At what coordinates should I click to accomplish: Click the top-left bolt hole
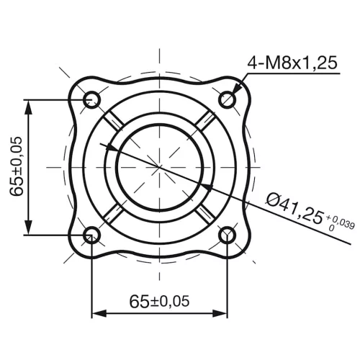click(91, 99)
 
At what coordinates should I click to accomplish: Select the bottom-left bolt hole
click(91, 234)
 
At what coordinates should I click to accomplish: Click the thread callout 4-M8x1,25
click(292, 63)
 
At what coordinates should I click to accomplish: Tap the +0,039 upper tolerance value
click(339, 218)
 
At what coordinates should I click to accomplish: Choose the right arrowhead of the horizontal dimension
click(221, 314)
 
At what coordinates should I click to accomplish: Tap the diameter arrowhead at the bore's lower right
click(203, 186)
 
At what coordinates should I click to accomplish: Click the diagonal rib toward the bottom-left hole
click(112, 214)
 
